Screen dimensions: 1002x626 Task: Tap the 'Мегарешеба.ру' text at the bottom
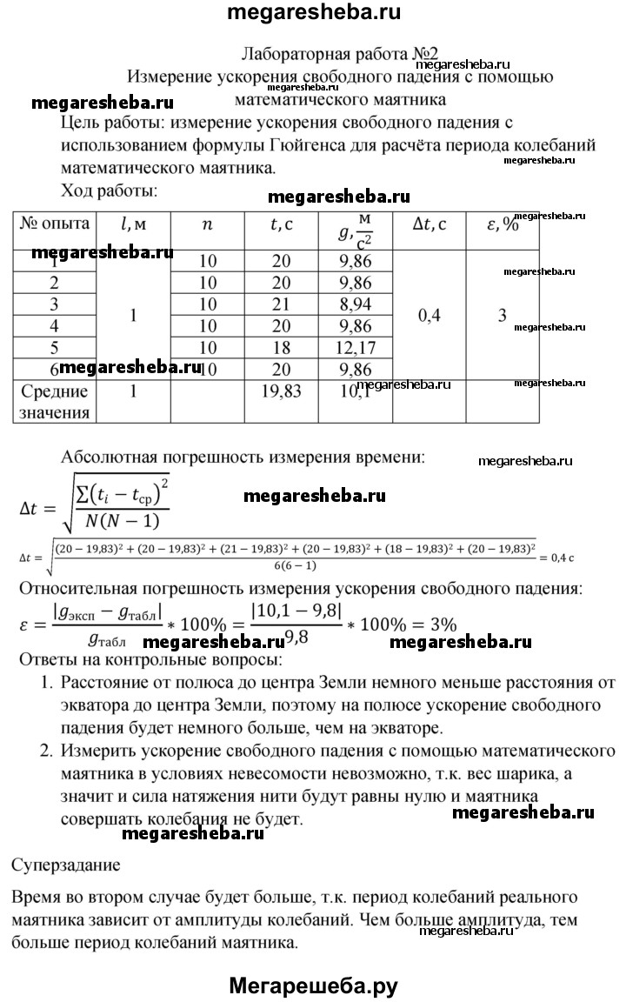point(313,985)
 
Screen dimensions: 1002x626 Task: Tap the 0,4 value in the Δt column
point(430,316)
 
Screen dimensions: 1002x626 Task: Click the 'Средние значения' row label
point(54,402)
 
